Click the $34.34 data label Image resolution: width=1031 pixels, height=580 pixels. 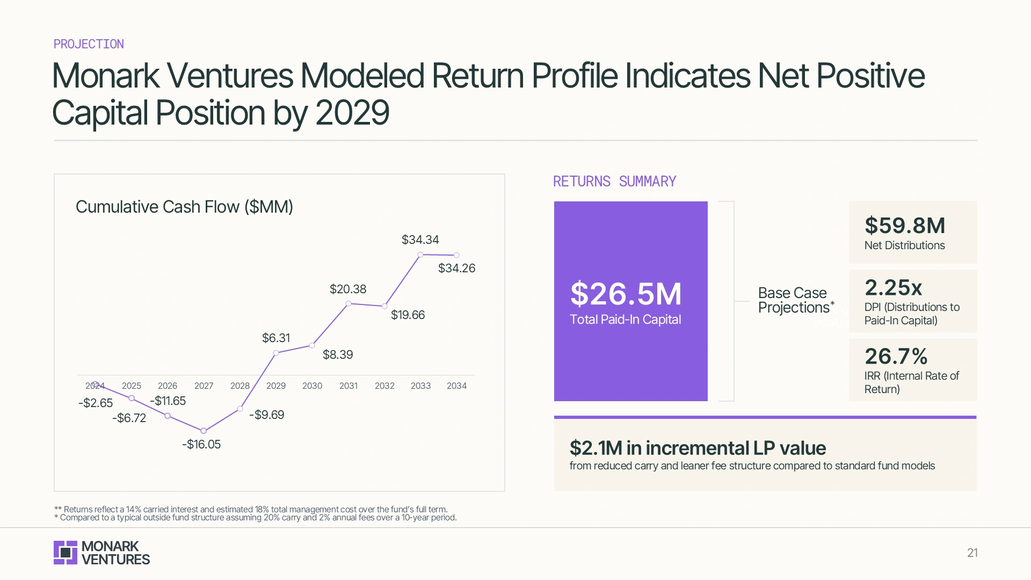coord(420,240)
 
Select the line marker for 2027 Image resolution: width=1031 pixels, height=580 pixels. coord(204,431)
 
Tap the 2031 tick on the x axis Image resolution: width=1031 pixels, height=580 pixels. coord(348,386)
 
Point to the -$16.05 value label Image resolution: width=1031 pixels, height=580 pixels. coord(201,444)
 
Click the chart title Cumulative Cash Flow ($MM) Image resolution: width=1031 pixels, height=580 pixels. coord(184,207)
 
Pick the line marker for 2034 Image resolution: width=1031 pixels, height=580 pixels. coord(456,255)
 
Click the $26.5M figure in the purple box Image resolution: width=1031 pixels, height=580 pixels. coord(626,294)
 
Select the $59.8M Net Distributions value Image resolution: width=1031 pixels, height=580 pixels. coord(905,226)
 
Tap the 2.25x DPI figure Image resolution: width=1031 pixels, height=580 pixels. coord(893,288)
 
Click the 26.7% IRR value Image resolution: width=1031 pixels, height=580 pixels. coord(896,356)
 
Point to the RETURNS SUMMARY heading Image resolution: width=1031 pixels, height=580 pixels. coord(614,182)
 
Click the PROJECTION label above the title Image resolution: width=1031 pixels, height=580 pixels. coord(89,44)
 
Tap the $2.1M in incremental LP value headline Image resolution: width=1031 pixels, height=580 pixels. coord(698,448)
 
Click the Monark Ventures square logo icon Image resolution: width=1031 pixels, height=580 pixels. coord(66,553)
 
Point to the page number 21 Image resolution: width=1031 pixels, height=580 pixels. coord(972,553)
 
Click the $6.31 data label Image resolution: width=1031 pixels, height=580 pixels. coord(276,338)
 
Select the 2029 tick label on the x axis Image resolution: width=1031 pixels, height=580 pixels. coord(276,386)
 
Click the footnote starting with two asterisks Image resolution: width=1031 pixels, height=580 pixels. coord(251,509)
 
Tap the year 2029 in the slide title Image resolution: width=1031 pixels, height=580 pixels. coord(352,113)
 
